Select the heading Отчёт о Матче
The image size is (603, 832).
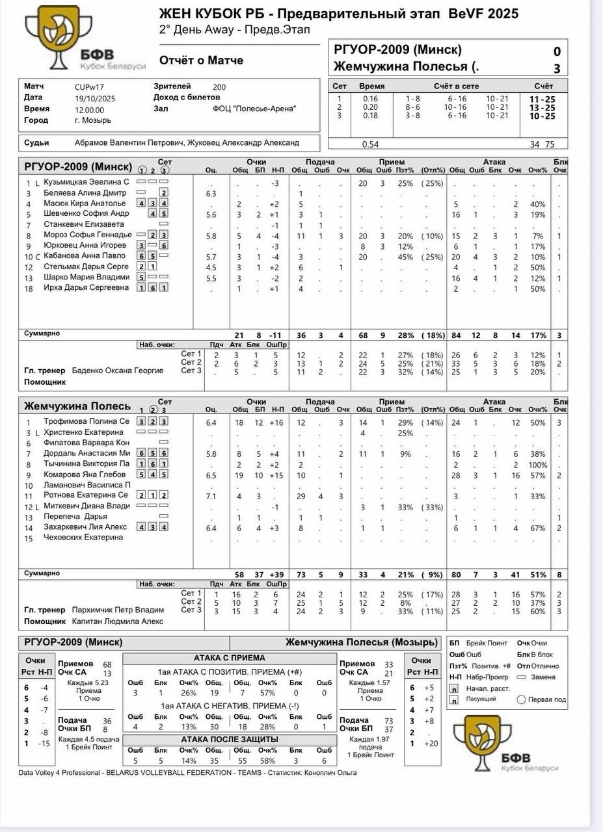tap(201, 60)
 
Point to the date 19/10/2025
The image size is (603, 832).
tap(95, 98)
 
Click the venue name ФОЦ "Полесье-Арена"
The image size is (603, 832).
tap(254, 109)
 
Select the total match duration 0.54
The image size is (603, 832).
tap(370, 144)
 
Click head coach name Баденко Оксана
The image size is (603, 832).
tap(118, 370)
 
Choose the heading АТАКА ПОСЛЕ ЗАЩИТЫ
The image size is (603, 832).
tap(229, 740)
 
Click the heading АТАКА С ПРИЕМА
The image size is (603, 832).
tap(229, 658)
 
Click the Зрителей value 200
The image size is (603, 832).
tap(219, 86)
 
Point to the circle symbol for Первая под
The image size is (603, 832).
tap(521, 699)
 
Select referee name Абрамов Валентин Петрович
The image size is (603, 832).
tap(129, 142)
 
